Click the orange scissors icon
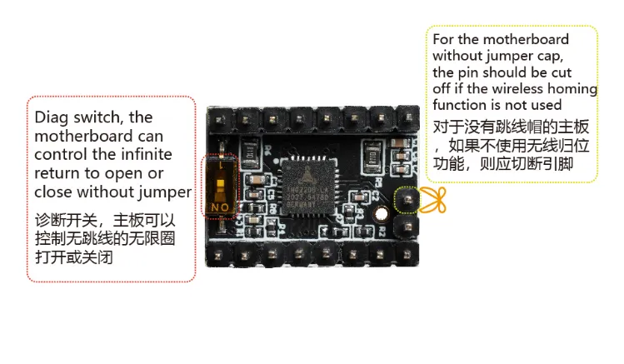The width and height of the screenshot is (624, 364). [432, 199]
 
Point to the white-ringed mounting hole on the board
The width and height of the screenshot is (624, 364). [382, 213]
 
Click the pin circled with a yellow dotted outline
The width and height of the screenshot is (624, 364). [407, 200]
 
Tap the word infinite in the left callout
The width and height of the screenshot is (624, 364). [145, 154]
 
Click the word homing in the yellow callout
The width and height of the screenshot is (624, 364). [574, 89]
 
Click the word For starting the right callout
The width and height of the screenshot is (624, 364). [443, 39]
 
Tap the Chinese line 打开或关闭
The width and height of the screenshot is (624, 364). [73, 258]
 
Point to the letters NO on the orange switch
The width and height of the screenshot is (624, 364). [221, 206]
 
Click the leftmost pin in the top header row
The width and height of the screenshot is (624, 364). [225, 118]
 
